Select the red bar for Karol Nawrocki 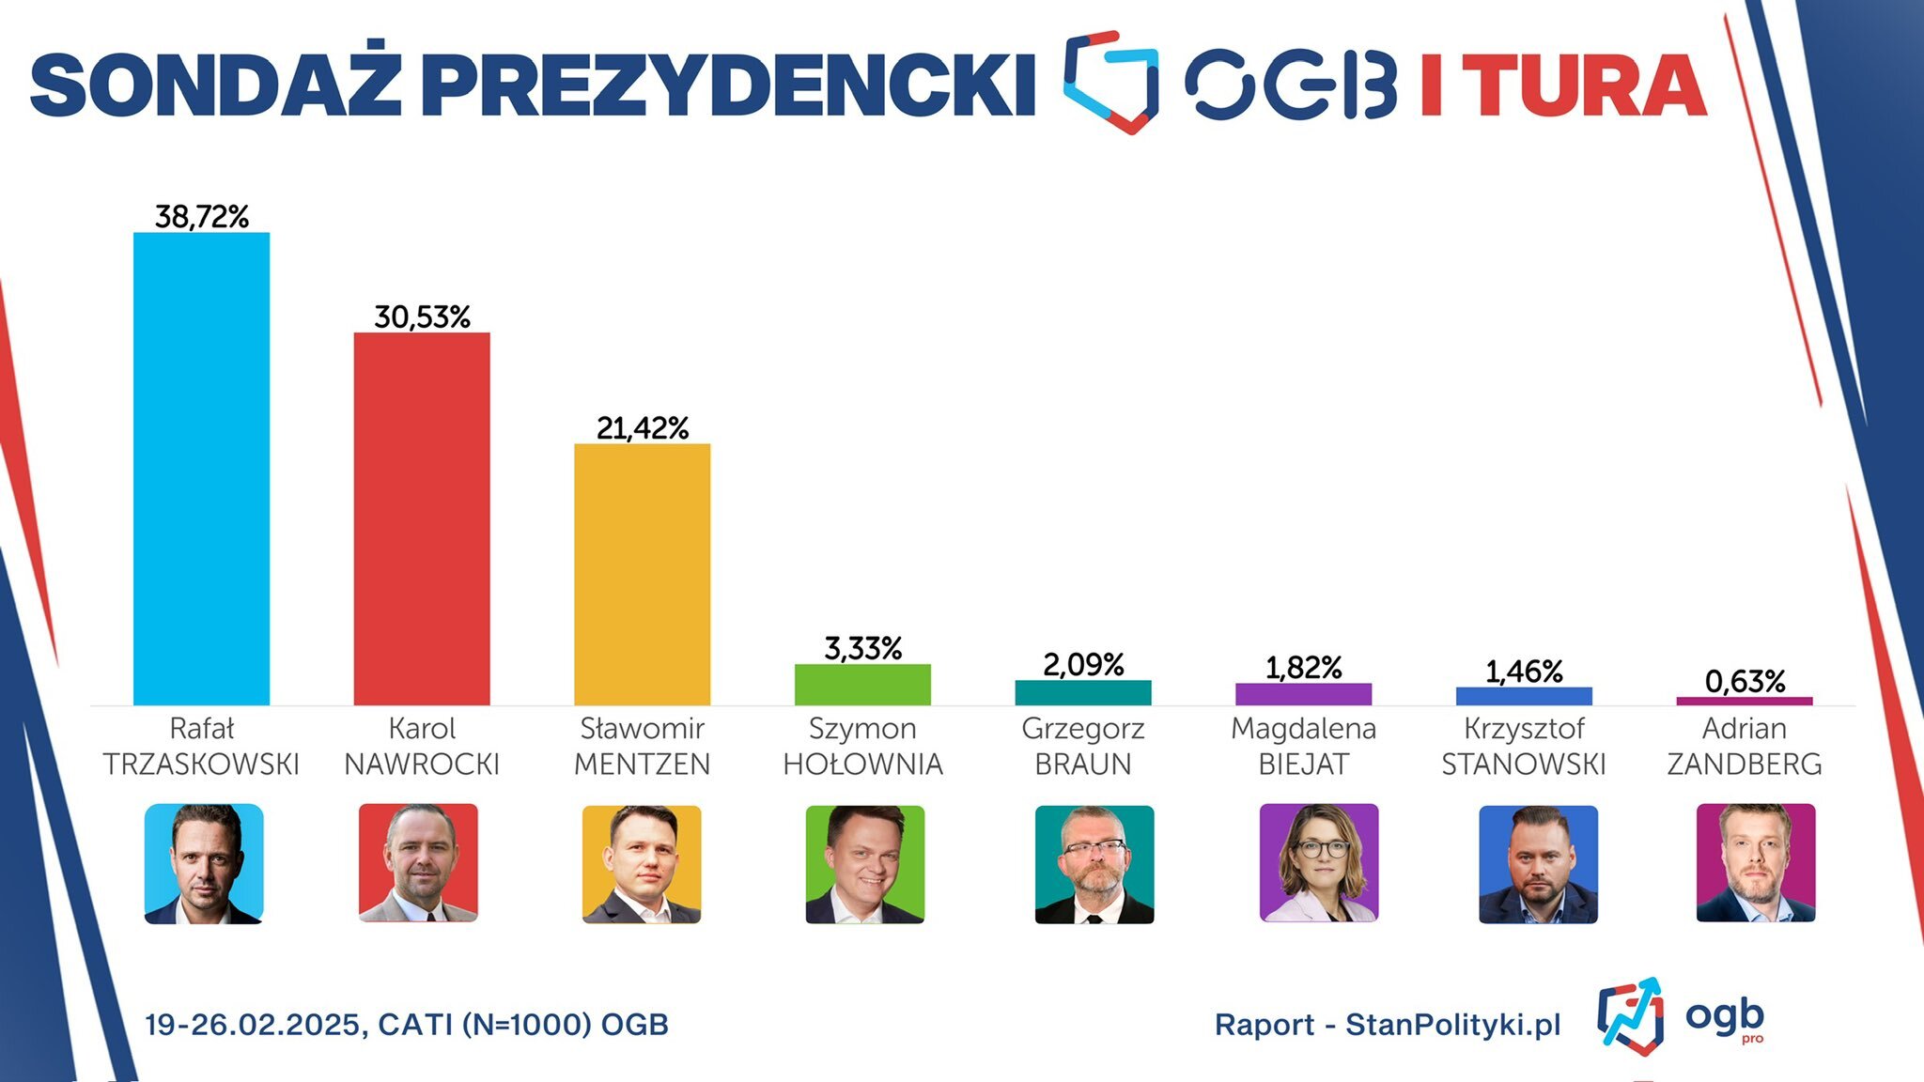point(422,518)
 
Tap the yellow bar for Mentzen point(643,574)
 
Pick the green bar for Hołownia point(862,685)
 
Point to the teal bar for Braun point(1083,693)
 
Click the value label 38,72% point(202,217)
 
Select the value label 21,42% point(643,428)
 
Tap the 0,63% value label point(1745,681)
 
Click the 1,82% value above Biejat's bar point(1304,668)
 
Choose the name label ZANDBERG point(1745,765)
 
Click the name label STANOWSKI point(1524,765)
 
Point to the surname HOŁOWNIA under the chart point(862,765)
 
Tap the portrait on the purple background point(1319,863)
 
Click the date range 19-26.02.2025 point(253,1024)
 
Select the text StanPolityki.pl point(1452,1024)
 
